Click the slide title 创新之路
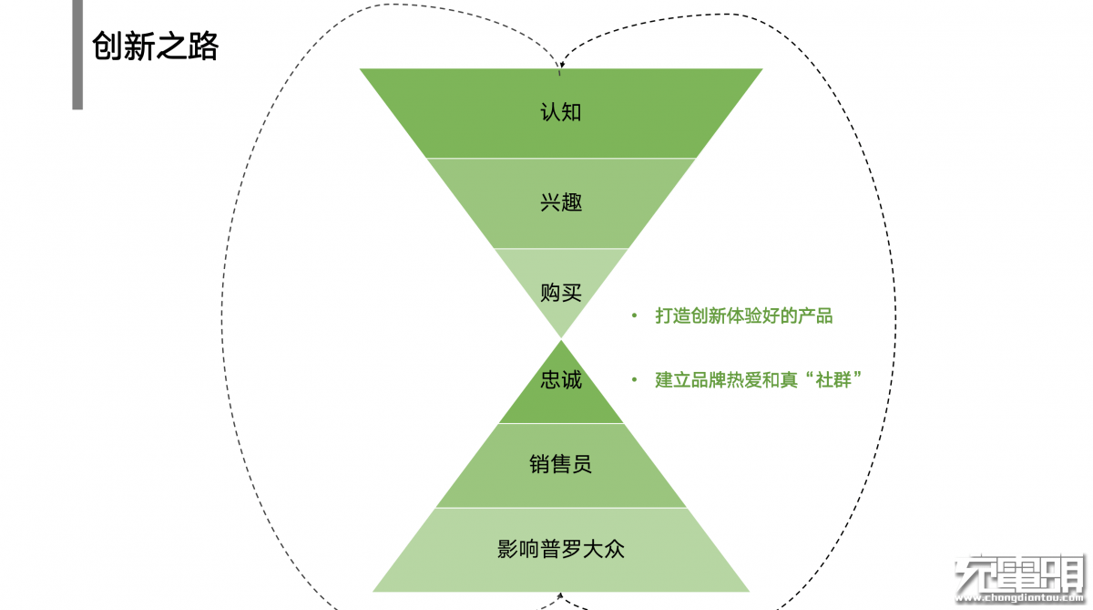155,47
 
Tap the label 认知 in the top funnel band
561,113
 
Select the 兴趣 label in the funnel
561,202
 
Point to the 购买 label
561,294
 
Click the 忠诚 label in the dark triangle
561,379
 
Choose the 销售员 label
561,464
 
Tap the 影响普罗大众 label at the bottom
561,550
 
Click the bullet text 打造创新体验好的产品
744,316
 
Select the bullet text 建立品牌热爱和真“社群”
759,380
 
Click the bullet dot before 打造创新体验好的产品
635,316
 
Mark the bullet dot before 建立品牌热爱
635,380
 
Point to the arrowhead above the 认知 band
561,65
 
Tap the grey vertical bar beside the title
77,55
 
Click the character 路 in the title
204,47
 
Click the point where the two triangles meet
561,338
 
